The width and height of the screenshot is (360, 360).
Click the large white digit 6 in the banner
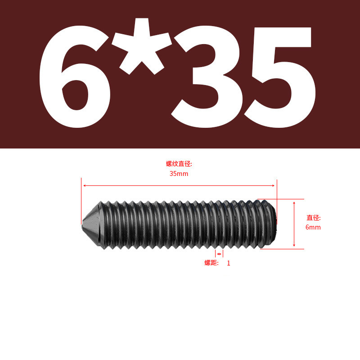pos(75,77)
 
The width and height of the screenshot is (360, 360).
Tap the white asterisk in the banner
pos(142,46)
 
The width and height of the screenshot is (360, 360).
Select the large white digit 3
pos(207,77)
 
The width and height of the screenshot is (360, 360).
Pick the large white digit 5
pos(280,77)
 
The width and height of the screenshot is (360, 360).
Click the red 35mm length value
pos(179,174)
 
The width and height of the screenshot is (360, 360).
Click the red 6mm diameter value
pos(313,227)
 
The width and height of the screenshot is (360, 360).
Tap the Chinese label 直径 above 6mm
pos(313,218)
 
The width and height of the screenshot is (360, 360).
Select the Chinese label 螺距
pos(211,263)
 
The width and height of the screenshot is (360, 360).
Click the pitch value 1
pos(229,263)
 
